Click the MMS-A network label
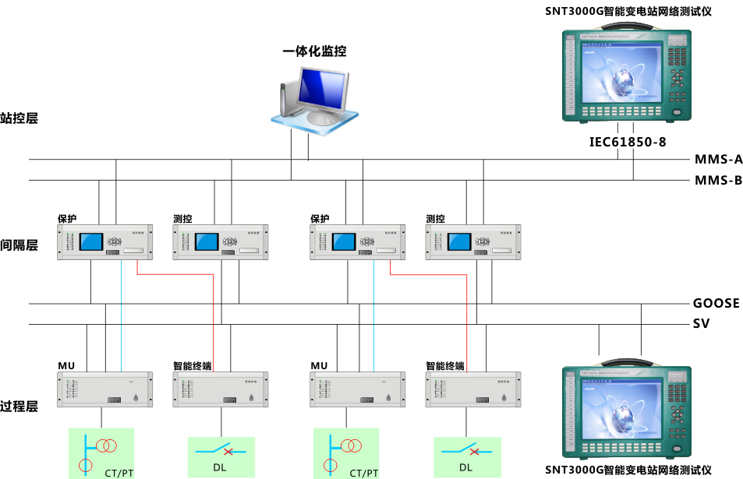point(718,160)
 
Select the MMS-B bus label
point(718,181)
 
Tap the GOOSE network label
point(716,303)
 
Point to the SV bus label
point(701,323)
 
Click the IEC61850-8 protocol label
point(628,142)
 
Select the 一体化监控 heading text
point(314,51)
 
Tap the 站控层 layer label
point(19,118)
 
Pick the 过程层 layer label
point(19,406)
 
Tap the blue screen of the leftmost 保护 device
point(91,241)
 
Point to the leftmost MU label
point(66,365)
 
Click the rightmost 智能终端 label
point(444,365)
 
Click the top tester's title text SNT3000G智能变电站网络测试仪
point(628,11)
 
